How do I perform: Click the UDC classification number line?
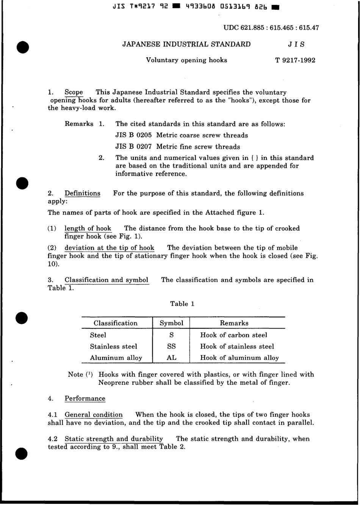(271, 28)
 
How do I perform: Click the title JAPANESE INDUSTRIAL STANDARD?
(186, 44)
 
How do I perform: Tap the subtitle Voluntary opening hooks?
(186, 60)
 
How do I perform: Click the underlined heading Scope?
(74, 92)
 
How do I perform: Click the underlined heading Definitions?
(82, 194)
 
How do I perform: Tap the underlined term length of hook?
(88, 228)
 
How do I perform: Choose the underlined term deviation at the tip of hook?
(109, 248)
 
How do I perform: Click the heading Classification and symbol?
(106, 280)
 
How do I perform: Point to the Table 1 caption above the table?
(182, 304)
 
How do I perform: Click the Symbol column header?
(171, 323)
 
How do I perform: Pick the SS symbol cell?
(171, 346)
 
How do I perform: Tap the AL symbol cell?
(171, 358)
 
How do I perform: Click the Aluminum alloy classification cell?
(116, 358)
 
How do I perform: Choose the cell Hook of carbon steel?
(233, 335)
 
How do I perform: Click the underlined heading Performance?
(85, 399)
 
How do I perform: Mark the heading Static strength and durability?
(114, 439)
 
